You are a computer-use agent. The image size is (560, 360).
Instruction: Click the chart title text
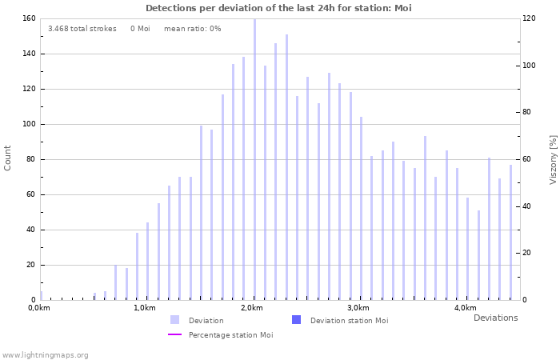click(278, 8)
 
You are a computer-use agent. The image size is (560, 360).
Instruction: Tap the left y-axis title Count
click(8, 158)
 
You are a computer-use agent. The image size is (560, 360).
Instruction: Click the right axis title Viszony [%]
click(552, 159)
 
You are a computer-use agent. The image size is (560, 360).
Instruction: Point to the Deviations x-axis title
click(495, 318)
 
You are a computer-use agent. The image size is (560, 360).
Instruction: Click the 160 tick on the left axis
click(27, 18)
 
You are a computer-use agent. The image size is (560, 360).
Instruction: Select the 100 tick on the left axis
click(27, 124)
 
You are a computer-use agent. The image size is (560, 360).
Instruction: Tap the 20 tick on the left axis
click(30, 265)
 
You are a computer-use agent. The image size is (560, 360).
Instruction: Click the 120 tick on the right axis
click(529, 18)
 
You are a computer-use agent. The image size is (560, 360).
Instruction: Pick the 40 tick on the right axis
click(526, 206)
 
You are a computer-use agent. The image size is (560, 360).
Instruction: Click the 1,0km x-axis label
click(145, 308)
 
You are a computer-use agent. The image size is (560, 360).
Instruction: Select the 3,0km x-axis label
click(358, 308)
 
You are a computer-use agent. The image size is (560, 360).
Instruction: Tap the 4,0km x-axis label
click(465, 308)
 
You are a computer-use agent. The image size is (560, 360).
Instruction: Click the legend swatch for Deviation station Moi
click(297, 320)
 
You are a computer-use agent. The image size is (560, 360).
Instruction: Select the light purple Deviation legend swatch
click(175, 320)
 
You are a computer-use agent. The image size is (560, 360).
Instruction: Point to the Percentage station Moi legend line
click(175, 334)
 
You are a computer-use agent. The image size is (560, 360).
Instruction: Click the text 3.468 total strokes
click(82, 29)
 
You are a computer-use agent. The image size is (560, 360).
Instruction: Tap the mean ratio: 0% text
click(192, 29)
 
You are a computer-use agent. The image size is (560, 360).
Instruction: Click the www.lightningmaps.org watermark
click(45, 354)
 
